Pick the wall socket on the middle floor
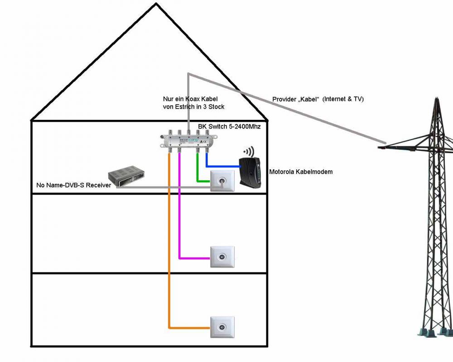point(222,257)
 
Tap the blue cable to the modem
point(222,166)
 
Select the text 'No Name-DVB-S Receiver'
point(73,185)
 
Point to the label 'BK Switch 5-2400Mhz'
point(229,127)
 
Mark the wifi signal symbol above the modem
point(248,151)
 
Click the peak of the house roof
point(156,4)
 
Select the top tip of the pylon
point(436,97)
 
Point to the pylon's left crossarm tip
point(380,148)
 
